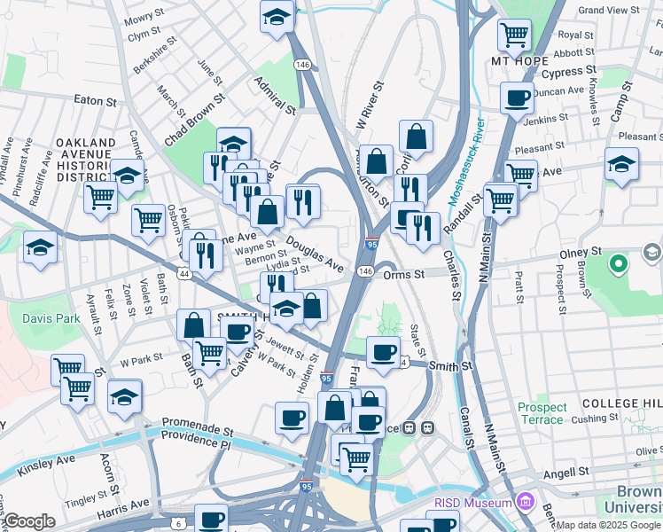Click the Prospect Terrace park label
click(541, 413)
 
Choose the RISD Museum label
click(472, 503)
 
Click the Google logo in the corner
click(28, 521)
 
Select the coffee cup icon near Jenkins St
click(517, 98)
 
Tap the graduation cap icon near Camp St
click(621, 163)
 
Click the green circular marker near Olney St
click(619, 263)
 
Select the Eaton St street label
click(96, 99)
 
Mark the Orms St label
click(406, 274)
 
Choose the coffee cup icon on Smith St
click(383, 351)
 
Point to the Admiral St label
click(274, 95)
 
